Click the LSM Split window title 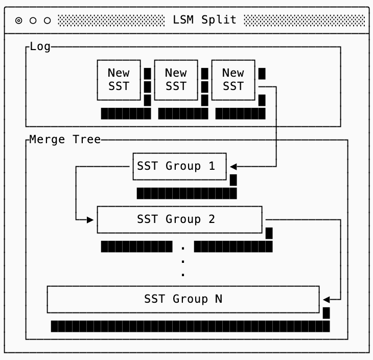(204, 20)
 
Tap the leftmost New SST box (119, 80)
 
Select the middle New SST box (176, 80)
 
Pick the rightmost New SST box (233, 80)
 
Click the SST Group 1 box (179, 166)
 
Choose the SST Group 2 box (179, 219)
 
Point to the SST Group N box (183, 299)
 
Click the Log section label (40, 47)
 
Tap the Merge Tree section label (65, 140)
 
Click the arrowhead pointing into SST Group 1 (233, 166)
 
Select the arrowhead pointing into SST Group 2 (90, 219)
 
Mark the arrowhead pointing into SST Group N (326, 299)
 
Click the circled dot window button (19, 20)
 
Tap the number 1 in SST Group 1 (212, 166)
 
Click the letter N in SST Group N (219, 299)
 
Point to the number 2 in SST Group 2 (212, 219)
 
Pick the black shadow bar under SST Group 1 (186, 193)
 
